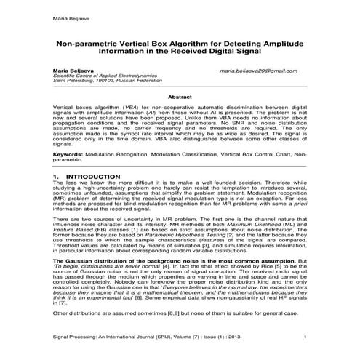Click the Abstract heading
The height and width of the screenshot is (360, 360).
[x=180, y=96]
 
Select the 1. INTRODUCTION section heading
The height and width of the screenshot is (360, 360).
[x=82, y=176]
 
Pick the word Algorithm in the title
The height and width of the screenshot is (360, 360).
[x=204, y=43]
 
